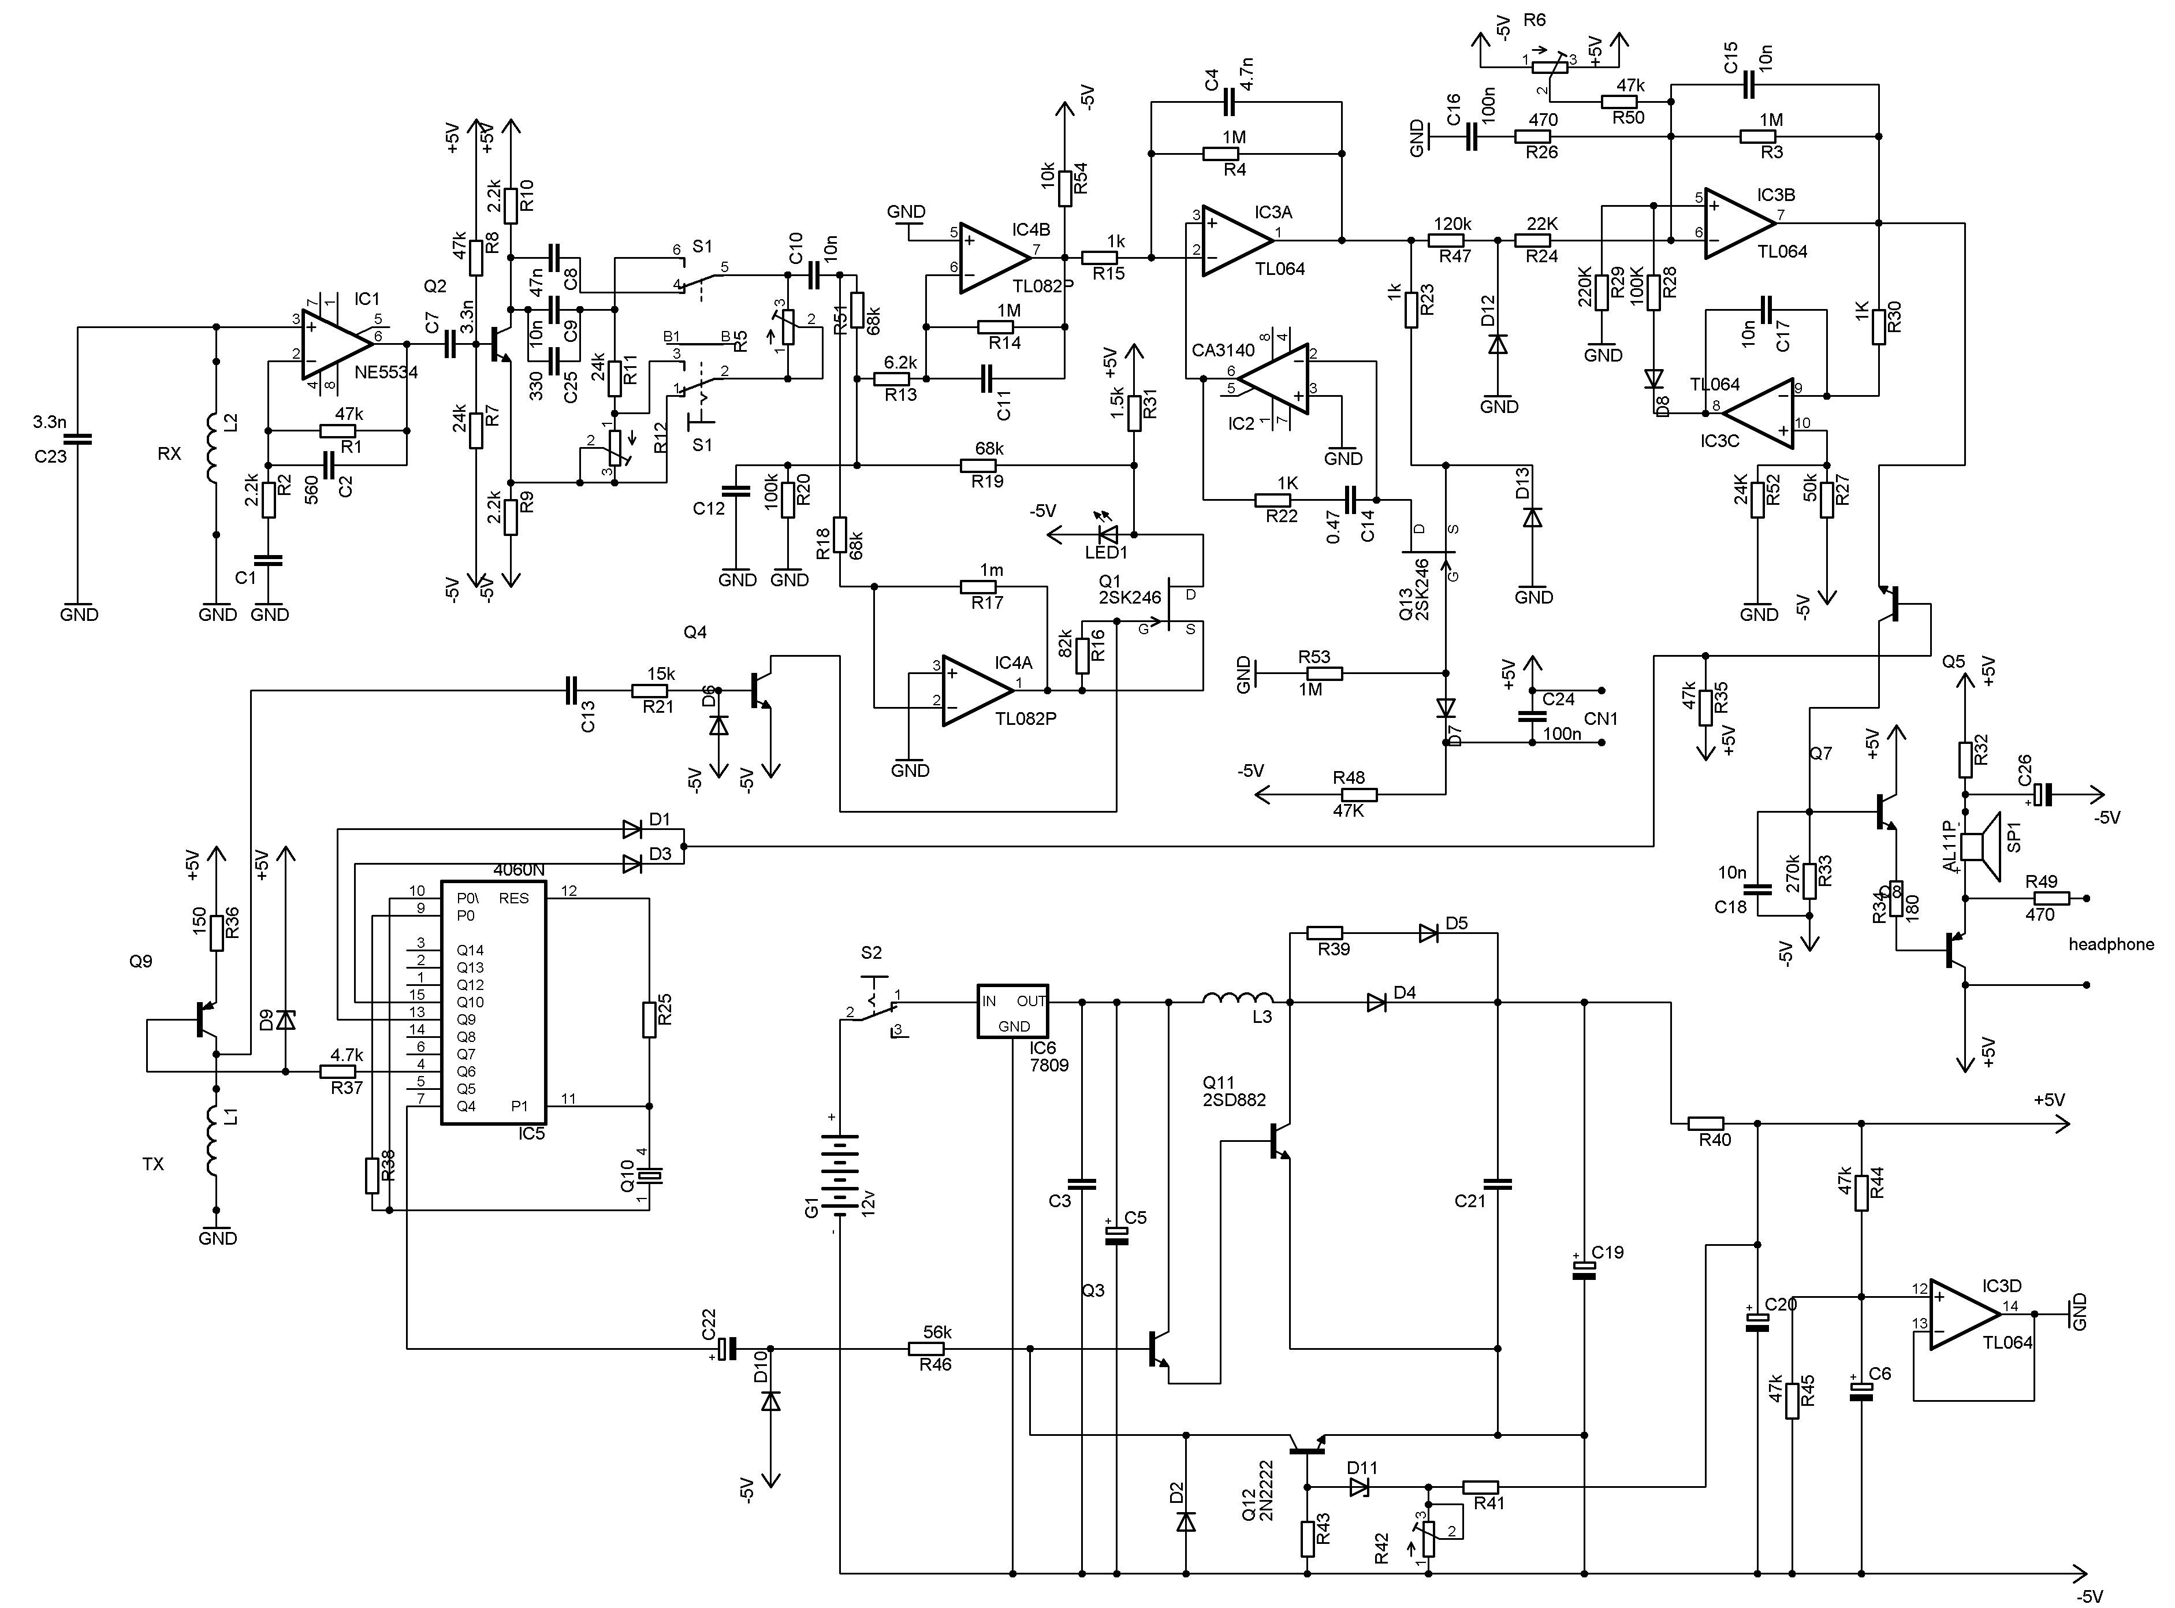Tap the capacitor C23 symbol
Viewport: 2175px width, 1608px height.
pyautogui.click(x=79, y=439)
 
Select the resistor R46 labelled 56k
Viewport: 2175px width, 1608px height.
pyautogui.click(x=925, y=1349)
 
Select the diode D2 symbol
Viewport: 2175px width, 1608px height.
pyautogui.click(x=1185, y=1521)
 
